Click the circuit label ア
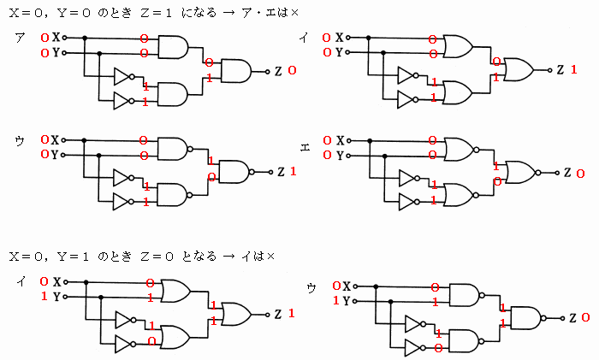click(x=20, y=38)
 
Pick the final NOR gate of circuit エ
click(x=520, y=172)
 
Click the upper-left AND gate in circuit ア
click(x=175, y=46)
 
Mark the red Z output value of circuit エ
click(x=579, y=173)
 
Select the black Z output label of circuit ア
click(x=278, y=71)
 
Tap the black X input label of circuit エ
click(x=340, y=139)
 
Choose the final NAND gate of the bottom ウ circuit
click(x=523, y=317)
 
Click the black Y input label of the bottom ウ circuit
click(x=346, y=301)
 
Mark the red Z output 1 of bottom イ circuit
click(x=292, y=314)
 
